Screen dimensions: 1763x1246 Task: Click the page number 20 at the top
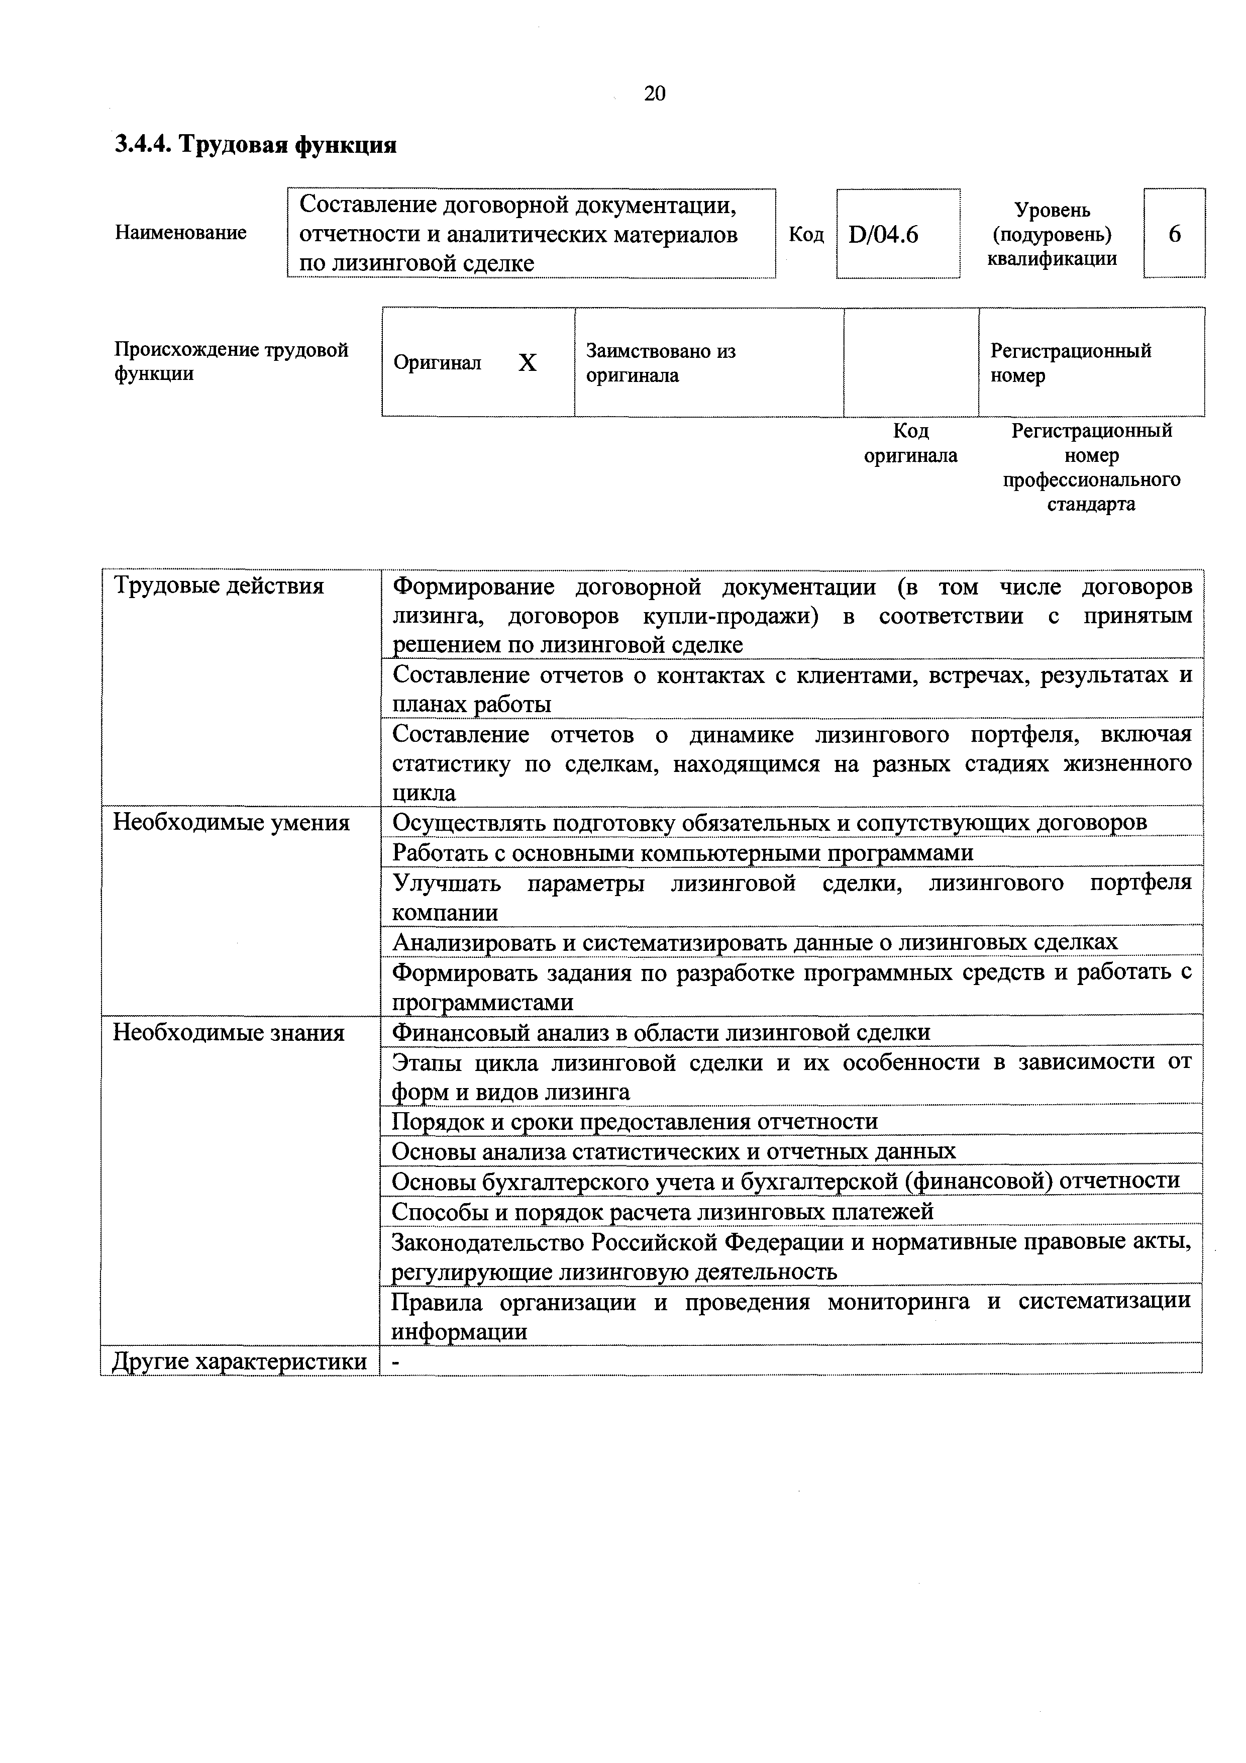coord(654,93)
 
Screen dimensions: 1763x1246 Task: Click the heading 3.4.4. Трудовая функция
coord(256,144)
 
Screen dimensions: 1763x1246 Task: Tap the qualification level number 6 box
coord(1174,233)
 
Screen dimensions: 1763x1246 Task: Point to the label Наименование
coord(181,233)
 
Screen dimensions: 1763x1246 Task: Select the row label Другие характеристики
coord(240,1361)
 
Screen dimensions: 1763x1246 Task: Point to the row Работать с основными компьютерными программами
coord(682,852)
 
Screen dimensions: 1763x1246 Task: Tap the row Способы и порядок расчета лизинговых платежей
coord(663,1212)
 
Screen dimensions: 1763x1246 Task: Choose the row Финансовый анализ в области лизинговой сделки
coord(661,1032)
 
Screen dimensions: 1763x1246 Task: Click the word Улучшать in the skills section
coord(446,883)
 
